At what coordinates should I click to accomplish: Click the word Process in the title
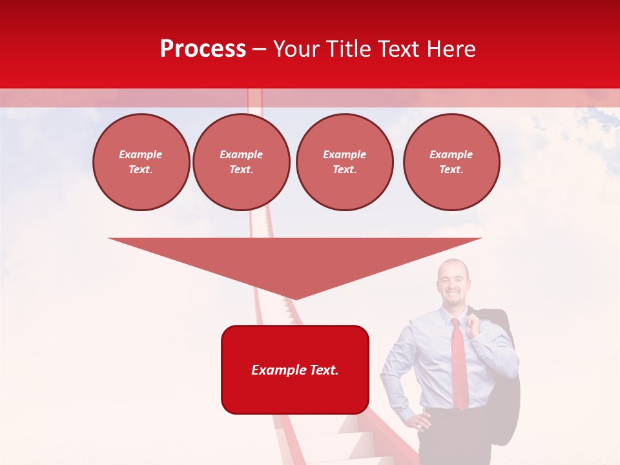(203, 49)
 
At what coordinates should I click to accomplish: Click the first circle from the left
(141, 162)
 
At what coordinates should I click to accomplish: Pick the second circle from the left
(241, 162)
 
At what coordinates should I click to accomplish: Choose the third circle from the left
(344, 162)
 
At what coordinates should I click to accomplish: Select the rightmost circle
(451, 162)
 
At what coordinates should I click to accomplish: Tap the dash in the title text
(259, 49)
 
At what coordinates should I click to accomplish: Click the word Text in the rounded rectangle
(322, 370)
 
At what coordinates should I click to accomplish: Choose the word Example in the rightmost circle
(451, 154)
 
